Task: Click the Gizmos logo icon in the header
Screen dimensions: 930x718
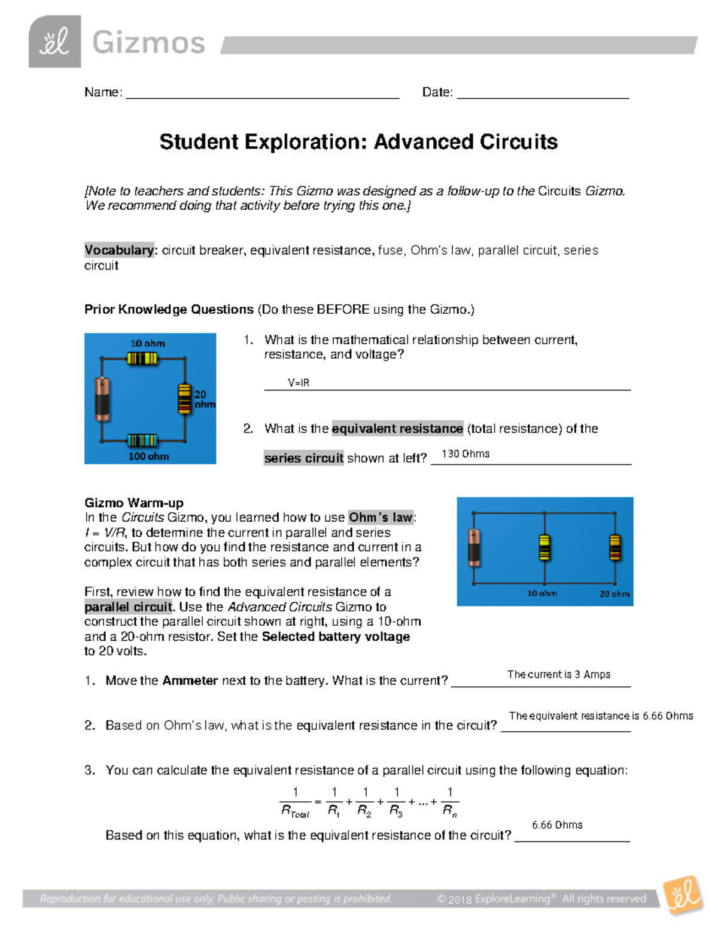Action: point(54,41)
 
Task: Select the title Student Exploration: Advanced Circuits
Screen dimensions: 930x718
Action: point(358,142)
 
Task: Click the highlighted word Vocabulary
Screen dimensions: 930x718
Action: point(119,250)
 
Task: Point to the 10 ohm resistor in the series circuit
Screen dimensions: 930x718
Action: point(142,358)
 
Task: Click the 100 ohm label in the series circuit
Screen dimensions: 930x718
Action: point(148,456)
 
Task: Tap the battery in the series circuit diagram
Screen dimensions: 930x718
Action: point(102,398)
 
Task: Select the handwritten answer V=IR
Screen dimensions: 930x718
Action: point(299,383)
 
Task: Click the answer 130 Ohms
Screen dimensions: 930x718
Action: point(466,454)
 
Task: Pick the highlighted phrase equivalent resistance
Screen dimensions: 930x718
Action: point(397,429)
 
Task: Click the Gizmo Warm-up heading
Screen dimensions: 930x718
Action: point(134,503)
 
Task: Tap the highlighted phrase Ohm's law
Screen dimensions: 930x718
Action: point(381,517)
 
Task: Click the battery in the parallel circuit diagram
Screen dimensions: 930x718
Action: point(474,547)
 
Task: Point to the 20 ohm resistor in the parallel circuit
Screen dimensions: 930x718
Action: point(615,547)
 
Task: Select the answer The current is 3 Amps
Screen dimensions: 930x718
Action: point(559,674)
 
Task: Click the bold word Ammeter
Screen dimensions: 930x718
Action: point(190,681)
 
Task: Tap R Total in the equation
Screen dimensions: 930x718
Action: point(295,811)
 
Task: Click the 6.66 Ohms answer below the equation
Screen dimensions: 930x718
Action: point(557,825)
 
